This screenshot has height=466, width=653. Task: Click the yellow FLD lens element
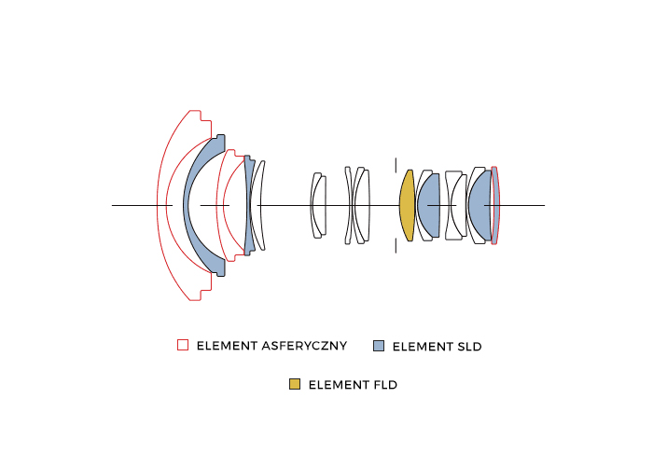[x=407, y=205]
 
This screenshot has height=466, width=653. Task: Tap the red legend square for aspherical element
[x=183, y=345]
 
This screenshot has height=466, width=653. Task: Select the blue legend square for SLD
[x=379, y=346]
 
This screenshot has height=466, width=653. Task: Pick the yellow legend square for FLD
[x=295, y=384]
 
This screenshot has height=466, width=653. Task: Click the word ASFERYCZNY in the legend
[x=304, y=346]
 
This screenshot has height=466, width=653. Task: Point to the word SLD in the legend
[x=469, y=347]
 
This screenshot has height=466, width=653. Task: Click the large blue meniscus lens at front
[x=195, y=205]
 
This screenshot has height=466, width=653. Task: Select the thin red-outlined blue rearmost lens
[x=494, y=205]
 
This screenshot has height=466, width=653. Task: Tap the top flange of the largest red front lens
[x=201, y=116]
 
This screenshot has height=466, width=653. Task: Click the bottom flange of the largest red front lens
[x=201, y=294]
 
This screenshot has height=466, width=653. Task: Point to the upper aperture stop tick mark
[x=396, y=164]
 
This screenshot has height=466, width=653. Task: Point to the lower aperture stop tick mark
[x=396, y=246]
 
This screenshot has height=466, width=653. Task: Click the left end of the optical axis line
[x=112, y=205]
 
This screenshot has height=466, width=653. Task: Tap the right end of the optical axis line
[x=545, y=205]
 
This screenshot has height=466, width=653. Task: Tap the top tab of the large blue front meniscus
[x=220, y=140]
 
